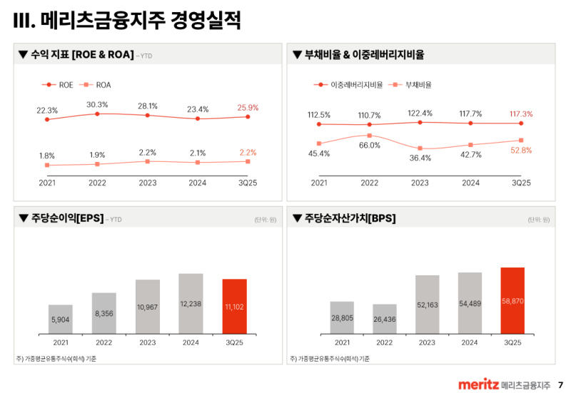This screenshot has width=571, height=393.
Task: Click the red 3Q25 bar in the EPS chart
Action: pyautogui.click(x=234, y=306)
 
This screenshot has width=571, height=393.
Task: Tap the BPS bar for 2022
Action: pyautogui.click(x=384, y=318)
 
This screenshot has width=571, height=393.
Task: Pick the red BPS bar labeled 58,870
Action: pyautogui.click(x=512, y=300)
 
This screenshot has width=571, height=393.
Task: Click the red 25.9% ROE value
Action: pyautogui.click(x=248, y=108)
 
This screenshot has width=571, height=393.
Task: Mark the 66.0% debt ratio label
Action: pyautogui.click(x=369, y=146)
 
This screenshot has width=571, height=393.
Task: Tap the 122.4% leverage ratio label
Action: pyautogui.click(x=420, y=113)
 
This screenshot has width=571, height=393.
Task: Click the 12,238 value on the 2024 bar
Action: pyautogui.click(x=191, y=304)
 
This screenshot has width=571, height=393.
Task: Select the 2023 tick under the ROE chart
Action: pyautogui.click(x=148, y=183)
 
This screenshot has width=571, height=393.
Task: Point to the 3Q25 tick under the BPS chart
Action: pyautogui.click(x=512, y=342)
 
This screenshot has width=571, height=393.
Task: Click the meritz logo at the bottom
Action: pyautogui.click(x=478, y=384)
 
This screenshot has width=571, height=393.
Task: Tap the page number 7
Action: pyautogui.click(x=560, y=384)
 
